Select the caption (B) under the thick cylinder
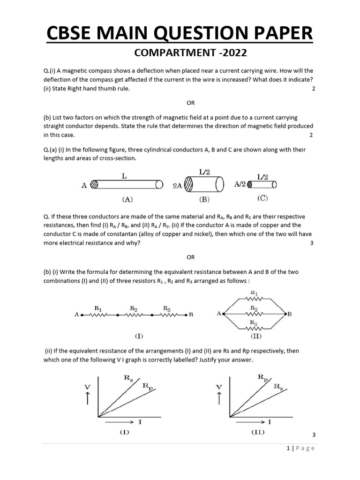[x=204, y=199]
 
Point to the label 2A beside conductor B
[x=177, y=186]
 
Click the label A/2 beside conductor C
[x=240, y=185]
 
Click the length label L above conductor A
[x=125, y=175]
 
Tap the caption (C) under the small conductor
[x=262, y=198]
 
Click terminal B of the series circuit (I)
[x=187, y=315]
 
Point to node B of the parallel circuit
[x=284, y=314]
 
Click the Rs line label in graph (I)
[x=128, y=378]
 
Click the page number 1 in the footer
[x=288, y=448]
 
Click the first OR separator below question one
[x=190, y=103]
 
